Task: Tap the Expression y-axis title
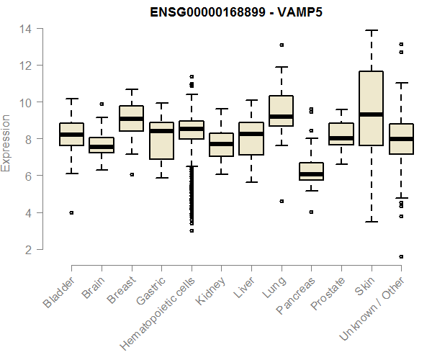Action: (x=6, y=143)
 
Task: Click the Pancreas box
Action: (x=311, y=171)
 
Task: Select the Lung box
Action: (x=281, y=111)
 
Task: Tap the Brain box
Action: (x=102, y=145)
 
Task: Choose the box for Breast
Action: (x=131, y=119)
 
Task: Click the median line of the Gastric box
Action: (x=161, y=131)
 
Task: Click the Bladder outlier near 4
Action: (x=71, y=212)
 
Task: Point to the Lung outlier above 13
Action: (x=282, y=45)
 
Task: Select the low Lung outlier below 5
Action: (x=282, y=201)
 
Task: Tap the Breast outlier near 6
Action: (x=131, y=174)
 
